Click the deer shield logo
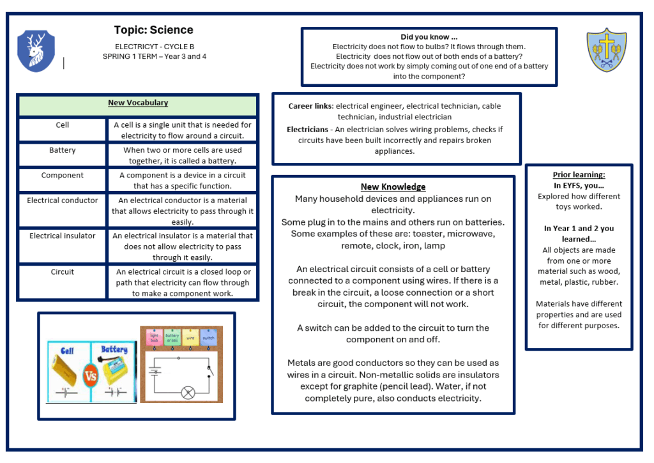point(36,50)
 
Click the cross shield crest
point(606,49)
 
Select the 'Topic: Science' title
point(153,30)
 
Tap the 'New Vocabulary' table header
point(138,103)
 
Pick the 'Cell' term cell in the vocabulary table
point(63,125)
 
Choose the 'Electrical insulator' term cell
point(63,236)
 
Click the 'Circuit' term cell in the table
point(63,272)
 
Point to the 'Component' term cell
point(63,176)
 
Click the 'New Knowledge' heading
point(393,187)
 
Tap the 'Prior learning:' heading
point(579,174)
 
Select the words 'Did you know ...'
point(429,37)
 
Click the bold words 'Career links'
point(310,106)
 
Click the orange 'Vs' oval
point(91,376)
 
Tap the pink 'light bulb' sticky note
point(154,337)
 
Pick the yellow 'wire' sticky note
point(190,337)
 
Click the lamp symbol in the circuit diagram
point(188,393)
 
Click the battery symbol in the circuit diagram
point(154,369)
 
